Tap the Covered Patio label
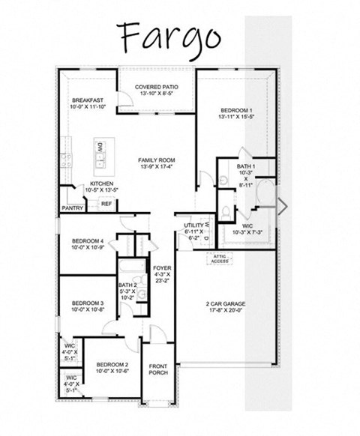pos(156,91)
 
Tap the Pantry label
pos(72,208)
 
